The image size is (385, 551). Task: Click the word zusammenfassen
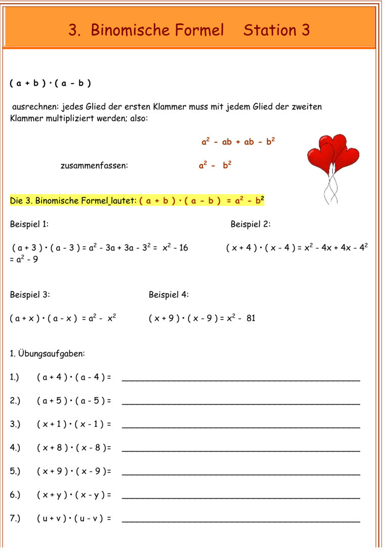pyautogui.click(x=94, y=166)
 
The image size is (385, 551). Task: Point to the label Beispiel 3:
pyautogui.click(x=30, y=295)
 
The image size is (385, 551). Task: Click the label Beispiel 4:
pyautogui.click(x=169, y=295)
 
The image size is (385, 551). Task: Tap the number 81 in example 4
pyautogui.click(x=251, y=319)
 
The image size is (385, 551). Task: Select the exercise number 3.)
pyautogui.click(x=15, y=424)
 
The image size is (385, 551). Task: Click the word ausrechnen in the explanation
pyautogui.click(x=35, y=107)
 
